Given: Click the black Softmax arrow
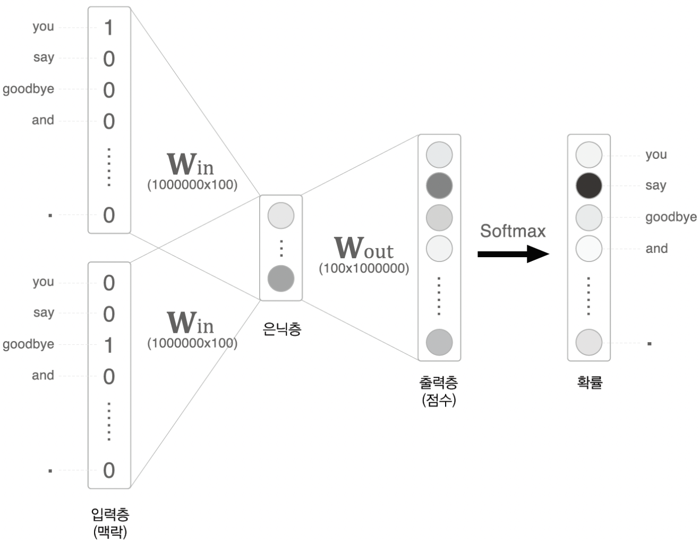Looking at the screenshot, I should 513,254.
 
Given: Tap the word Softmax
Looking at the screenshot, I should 513,231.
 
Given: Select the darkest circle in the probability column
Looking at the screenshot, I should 588,185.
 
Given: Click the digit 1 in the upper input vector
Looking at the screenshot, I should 109,28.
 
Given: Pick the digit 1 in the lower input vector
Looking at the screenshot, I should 109,345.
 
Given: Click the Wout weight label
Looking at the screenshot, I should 364,248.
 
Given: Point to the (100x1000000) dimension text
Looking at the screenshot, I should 364,268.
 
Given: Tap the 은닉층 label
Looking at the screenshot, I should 281,329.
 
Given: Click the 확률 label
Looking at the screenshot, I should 590,382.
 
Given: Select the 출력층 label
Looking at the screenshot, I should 439,382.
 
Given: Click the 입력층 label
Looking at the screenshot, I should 110,514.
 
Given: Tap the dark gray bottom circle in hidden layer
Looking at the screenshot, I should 281,278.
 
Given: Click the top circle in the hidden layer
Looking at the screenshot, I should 281,216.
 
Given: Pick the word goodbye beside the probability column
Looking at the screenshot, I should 671,217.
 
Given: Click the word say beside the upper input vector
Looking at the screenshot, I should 44,57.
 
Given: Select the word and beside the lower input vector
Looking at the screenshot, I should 43,375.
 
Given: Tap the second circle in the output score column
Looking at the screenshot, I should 439,185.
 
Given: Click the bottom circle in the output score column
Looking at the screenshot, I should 439,342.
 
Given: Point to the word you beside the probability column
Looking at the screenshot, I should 656,155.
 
